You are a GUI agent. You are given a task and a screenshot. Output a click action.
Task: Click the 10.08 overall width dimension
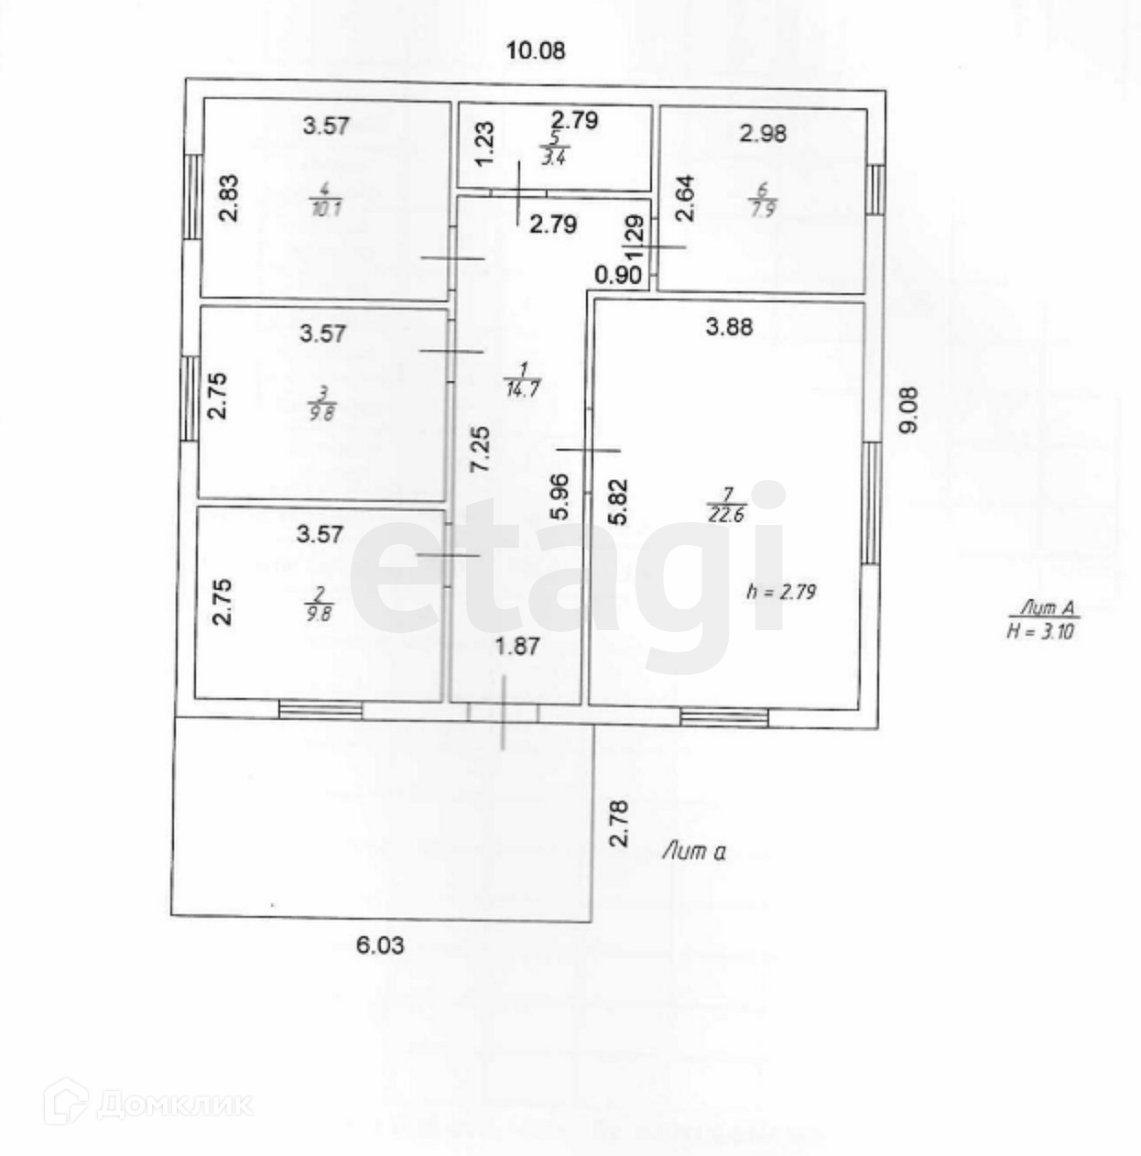click(536, 50)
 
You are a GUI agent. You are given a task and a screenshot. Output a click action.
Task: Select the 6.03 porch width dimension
click(379, 944)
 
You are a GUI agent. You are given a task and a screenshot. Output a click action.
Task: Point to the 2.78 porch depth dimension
click(620, 823)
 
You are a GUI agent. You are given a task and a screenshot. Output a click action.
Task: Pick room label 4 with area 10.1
click(325, 199)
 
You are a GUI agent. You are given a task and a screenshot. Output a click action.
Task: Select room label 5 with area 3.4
click(553, 149)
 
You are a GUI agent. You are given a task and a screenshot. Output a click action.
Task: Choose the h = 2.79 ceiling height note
click(780, 592)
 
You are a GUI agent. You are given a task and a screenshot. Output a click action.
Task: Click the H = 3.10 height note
click(1041, 621)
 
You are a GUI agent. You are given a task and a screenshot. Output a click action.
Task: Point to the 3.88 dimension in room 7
click(729, 326)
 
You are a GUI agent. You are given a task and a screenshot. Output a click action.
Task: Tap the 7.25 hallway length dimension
click(479, 449)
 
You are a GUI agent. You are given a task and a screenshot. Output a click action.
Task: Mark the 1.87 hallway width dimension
click(517, 646)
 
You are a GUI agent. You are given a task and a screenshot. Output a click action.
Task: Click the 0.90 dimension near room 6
click(617, 275)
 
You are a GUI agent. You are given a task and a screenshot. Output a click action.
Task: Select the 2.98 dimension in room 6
click(763, 134)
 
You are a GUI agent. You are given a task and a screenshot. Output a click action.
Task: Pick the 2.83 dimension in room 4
click(229, 198)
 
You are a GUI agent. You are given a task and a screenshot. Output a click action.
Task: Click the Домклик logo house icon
click(65, 1102)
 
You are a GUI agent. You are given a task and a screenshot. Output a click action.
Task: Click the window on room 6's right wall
click(875, 189)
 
